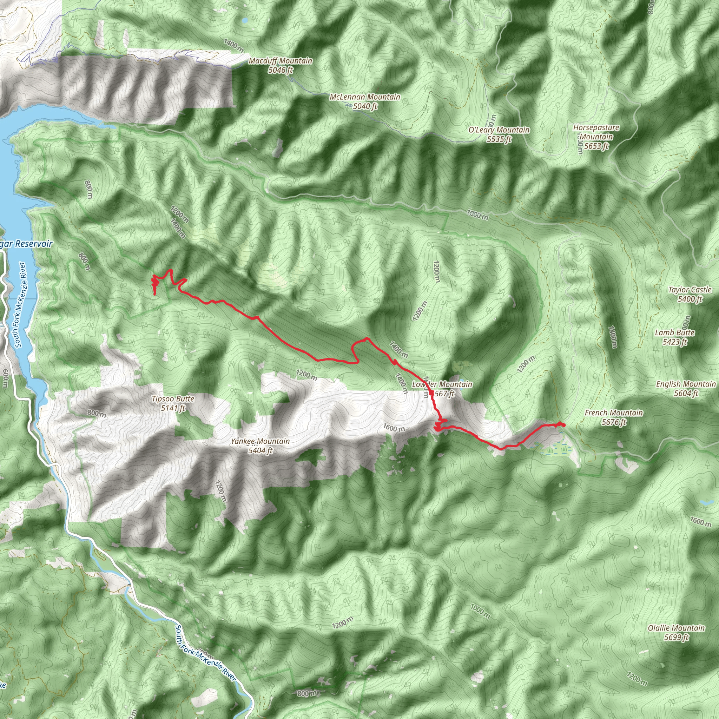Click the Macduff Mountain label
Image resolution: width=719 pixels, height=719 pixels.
pyautogui.click(x=280, y=61)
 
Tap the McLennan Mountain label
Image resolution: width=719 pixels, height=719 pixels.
pyautogui.click(x=365, y=97)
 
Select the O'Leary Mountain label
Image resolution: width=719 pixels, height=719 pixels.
pyautogui.click(x=499, y=130)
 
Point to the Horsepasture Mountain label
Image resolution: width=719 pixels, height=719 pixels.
pyautogui.click(x=596, y=132)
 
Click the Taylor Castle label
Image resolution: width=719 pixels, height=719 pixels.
pyautogui.click(x=690, y=290)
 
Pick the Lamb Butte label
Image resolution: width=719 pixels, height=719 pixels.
pyautogui.click(x=675, y=333)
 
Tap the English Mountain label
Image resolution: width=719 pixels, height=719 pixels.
pyautogui.click(x=686, y=384)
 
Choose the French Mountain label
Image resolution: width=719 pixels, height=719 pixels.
pyautogui.click(x=614, y=413)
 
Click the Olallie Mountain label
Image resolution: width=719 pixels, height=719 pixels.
pyautogui.click(x=676, y=628)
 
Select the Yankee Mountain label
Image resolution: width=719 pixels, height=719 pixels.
pyautogui.click(x=260, y=441)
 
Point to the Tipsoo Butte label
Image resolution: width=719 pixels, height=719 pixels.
pyautogui.click(x=173, y=399)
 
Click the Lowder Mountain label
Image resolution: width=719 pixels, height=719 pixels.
pyautogui.click(x=442, y=384)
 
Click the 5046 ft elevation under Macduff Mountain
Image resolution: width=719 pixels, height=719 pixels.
pyautogui.click(x=280, y=70)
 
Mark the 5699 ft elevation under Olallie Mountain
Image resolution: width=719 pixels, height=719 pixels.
pyautogui.click(x=676, y=638)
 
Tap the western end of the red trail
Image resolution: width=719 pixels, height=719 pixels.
pyautogui.click(x=155, y=294)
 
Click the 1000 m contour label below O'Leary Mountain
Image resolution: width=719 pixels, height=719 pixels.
pyautogui.click(x=477, y=215)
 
